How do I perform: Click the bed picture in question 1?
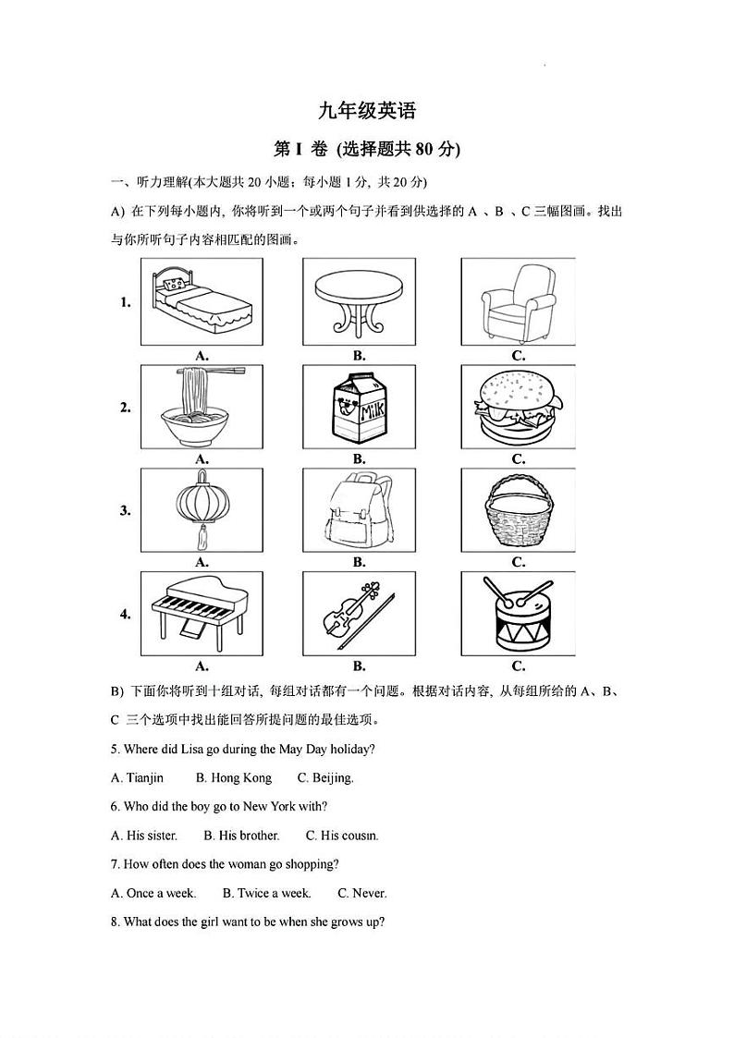202,301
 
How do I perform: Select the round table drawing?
360,301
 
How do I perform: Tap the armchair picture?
518,301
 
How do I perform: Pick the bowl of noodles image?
202,407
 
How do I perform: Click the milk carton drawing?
360,407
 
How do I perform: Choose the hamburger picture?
518,407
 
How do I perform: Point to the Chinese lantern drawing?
202,510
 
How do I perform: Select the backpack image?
360,510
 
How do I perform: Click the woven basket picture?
518,510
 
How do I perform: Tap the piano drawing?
202,613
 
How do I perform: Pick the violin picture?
360,613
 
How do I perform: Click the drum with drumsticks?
518,613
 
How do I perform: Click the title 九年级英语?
367,111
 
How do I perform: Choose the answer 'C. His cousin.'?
342,836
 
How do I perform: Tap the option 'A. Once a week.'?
153,893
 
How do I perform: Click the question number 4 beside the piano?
126,614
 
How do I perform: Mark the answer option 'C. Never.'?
362,893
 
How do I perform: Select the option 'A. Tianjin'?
137,777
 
